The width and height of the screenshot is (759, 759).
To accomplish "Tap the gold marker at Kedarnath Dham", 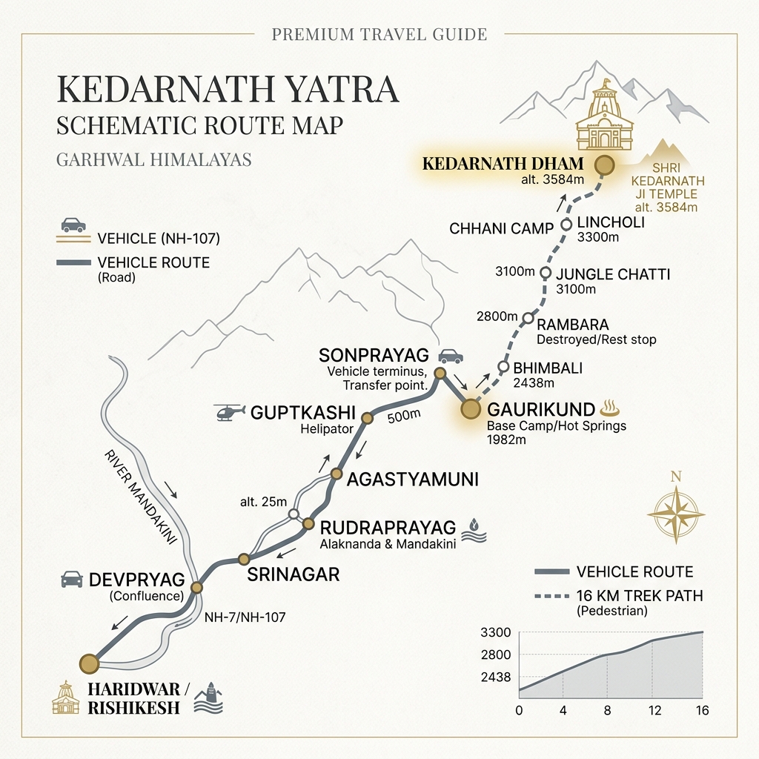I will [x=605, y=166].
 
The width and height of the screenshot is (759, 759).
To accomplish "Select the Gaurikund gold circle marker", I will [x=470, y=409].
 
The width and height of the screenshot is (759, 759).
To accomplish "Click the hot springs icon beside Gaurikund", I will [x=612, y=407].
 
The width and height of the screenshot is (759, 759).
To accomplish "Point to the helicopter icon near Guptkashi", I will [x=229, y=412].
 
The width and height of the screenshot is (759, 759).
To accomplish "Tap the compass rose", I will [x=675, y=511].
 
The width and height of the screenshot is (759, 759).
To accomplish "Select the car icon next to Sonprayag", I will [x=450, y=357].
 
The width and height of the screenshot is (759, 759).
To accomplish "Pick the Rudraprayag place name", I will [x=388, y=528].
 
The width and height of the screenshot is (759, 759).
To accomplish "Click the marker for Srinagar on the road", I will [x=242, y=559].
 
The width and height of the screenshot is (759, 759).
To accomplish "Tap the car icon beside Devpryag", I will [x=72, y=579].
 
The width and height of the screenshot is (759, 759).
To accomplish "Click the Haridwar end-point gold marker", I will [x=89, y=663].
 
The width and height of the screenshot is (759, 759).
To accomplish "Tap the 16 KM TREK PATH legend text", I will [x=639, y=596].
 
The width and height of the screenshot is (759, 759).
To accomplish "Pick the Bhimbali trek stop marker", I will [x=503, y=367].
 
